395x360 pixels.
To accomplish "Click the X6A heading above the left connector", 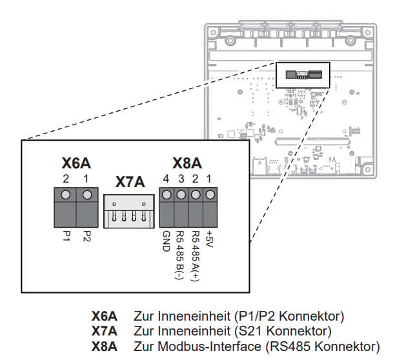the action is coord(76,163).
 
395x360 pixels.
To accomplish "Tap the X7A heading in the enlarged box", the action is coord(130,182).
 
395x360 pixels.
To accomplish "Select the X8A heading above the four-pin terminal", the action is coord(187,163).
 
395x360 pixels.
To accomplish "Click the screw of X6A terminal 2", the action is coord(65,195).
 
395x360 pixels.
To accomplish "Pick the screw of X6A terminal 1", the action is coord(87,195).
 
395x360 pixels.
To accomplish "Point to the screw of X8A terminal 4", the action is coord(167,195).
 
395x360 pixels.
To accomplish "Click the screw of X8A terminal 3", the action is coord(181,195).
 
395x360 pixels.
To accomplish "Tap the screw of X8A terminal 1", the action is coord(210,195).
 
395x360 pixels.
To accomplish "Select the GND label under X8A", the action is coord(167,241).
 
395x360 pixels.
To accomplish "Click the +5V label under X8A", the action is coord(210,239).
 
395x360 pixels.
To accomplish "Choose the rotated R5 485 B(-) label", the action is coord(180,255).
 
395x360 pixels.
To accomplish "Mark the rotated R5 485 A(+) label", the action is coord(196,255).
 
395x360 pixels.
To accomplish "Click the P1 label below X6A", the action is coord(66,236).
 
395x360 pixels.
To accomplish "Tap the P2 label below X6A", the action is coord(86,236).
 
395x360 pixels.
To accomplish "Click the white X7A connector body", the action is coord(129,211).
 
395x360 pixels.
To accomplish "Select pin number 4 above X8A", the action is coord(166,179).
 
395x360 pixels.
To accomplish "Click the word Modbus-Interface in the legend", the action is coord(210,346).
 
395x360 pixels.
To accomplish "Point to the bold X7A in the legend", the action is coord(105,331).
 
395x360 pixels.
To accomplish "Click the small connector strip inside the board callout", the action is coord(304,75).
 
